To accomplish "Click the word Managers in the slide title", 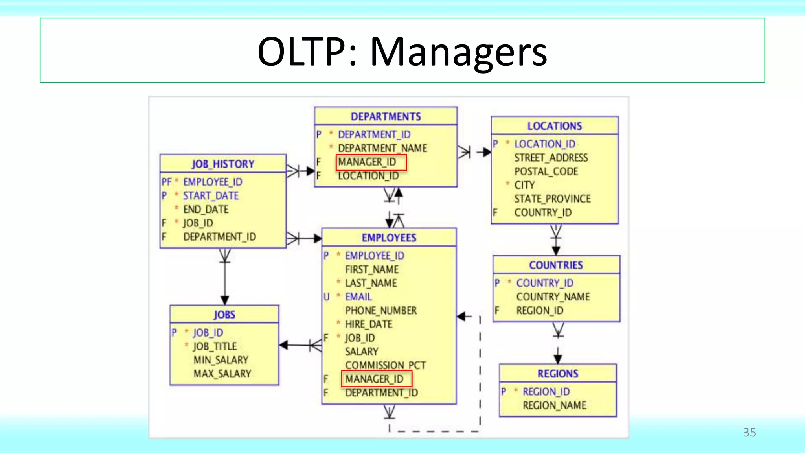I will coord(458,52).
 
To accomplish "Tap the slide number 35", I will coord(749,433).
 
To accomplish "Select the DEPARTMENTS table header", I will coord(386,116).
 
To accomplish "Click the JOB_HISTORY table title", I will coord(223,164).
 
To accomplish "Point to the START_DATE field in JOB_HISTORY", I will coord(211,195).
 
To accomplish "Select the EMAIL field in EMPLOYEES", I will coord(358,296).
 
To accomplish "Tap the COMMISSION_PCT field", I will coord(385,365).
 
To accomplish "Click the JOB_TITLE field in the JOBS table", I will coord(215,346).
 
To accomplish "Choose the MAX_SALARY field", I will coord(222,374).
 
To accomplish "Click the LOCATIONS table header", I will coord(554,126).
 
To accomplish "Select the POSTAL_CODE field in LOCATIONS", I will coord(546,171).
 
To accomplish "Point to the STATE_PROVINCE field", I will coord(552,199).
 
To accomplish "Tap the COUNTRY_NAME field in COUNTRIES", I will coord(553,297).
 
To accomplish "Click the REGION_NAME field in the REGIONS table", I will coord(554,405).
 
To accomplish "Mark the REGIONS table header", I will coord(558,374).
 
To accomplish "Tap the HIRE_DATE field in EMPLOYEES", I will coord(369,324).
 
